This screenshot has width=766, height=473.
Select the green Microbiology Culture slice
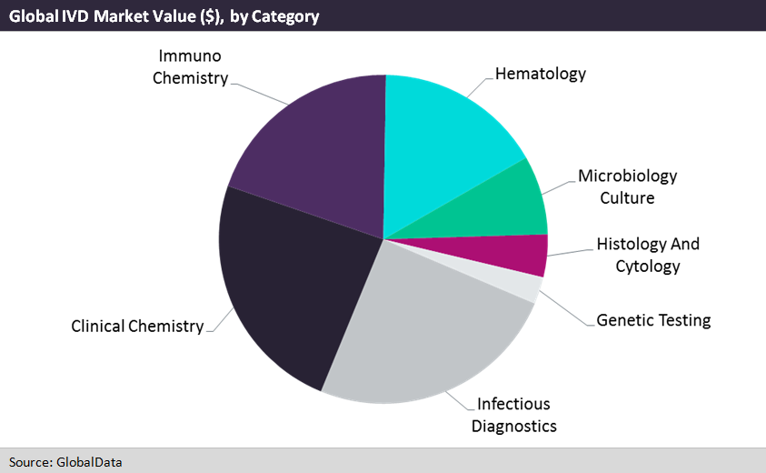pyautogui.click(x=504, y=205)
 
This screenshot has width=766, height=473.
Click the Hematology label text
pyautogui.click(x=540, y=74)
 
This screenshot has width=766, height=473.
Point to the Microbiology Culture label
pyautogui.click(x=627, y=186)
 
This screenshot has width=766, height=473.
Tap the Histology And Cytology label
pyautogui.click(x=647, y=255)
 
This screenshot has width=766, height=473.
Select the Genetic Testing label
pyautogui.click(x=653, y=320)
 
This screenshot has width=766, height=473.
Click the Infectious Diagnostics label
pyautogui.click(x=513, y=415)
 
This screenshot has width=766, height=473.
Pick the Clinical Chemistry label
pyautogui.click(x=137, y=326)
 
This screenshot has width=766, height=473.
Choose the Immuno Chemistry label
pyautogui.click(x=190, y=67)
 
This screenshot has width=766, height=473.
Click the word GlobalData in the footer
pyautogui.click(x=90, y=462)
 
